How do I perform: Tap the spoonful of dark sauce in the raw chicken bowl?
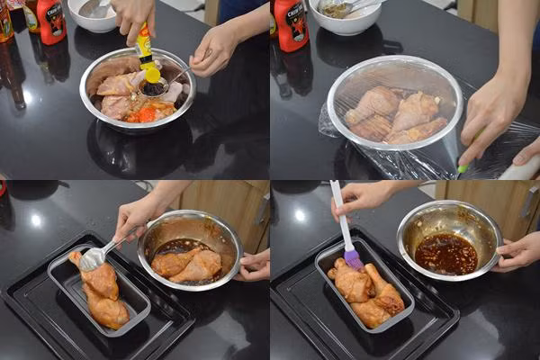pos(154,88)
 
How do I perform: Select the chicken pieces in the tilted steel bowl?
pos(187,264)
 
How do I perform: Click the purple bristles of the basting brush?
pos(353,258)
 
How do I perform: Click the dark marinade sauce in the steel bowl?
pos(445,253)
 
